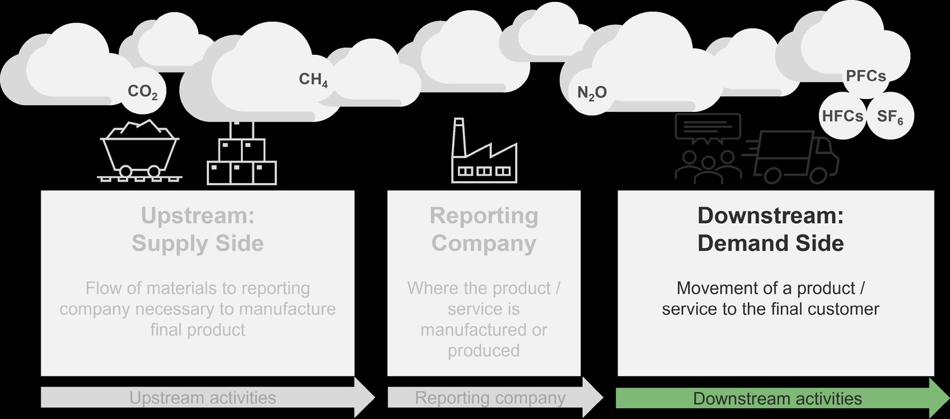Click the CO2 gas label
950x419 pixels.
[x=142, y=92]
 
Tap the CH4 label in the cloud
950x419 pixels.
[x=313, y=79]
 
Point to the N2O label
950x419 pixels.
[x=592, y=93]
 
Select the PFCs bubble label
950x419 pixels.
[x=866, y=76]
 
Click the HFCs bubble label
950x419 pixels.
[x=843, y=116]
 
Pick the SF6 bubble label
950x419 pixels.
[x=890, y=117]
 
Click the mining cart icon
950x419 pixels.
[x=140, y=151]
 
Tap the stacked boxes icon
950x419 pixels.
[x=242, y=153]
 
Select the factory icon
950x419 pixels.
[x=484, y=151]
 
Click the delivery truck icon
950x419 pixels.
[x=791, y=157]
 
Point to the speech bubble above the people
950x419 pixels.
[x=708, y=129]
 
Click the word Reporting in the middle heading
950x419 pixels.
[x=484, y=216]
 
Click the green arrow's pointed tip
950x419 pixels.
[x=949, y=398]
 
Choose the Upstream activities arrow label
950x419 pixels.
[x=203, y=398]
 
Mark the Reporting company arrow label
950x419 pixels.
[x=490, y=398]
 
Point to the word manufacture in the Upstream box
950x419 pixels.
[x=288, y=309]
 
